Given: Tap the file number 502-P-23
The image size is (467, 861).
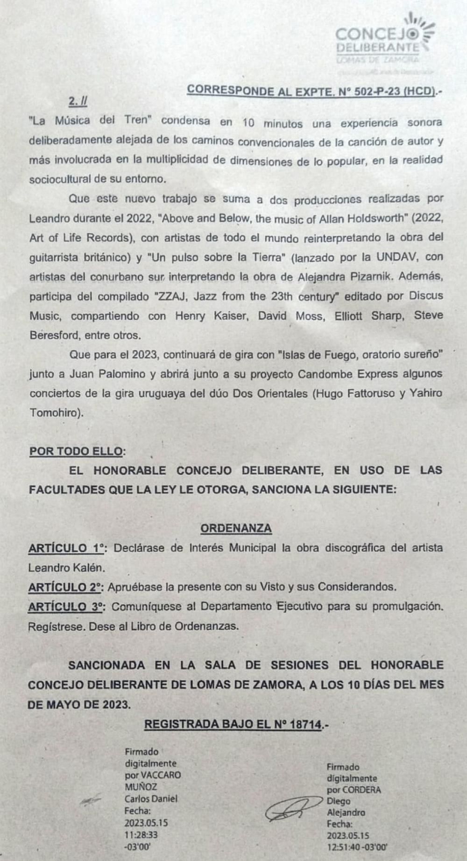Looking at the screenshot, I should pyautogui.click(x=377, y=91).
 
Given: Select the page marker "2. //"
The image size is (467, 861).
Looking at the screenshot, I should pyautogui.click(x=78, y=101).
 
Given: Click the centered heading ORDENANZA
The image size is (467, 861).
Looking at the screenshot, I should pyautogui.click(x=236, y=528).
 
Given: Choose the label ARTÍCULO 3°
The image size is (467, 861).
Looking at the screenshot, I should pyautogui.click(x=66, y=607).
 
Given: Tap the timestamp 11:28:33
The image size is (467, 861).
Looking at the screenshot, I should pyautogui.click(x=141, y=834).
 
